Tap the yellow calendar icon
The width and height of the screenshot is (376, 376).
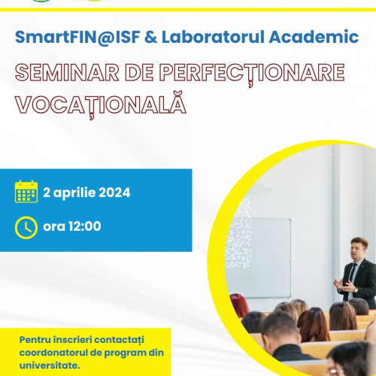click(x=26, y=192)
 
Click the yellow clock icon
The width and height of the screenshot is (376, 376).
click(x=26, y=226)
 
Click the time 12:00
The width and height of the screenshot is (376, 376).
click(x=83, y=226)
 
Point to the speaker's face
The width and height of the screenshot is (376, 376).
click(x=359, y=248)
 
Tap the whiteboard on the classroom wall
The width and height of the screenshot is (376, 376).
click(x=268, y=256)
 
